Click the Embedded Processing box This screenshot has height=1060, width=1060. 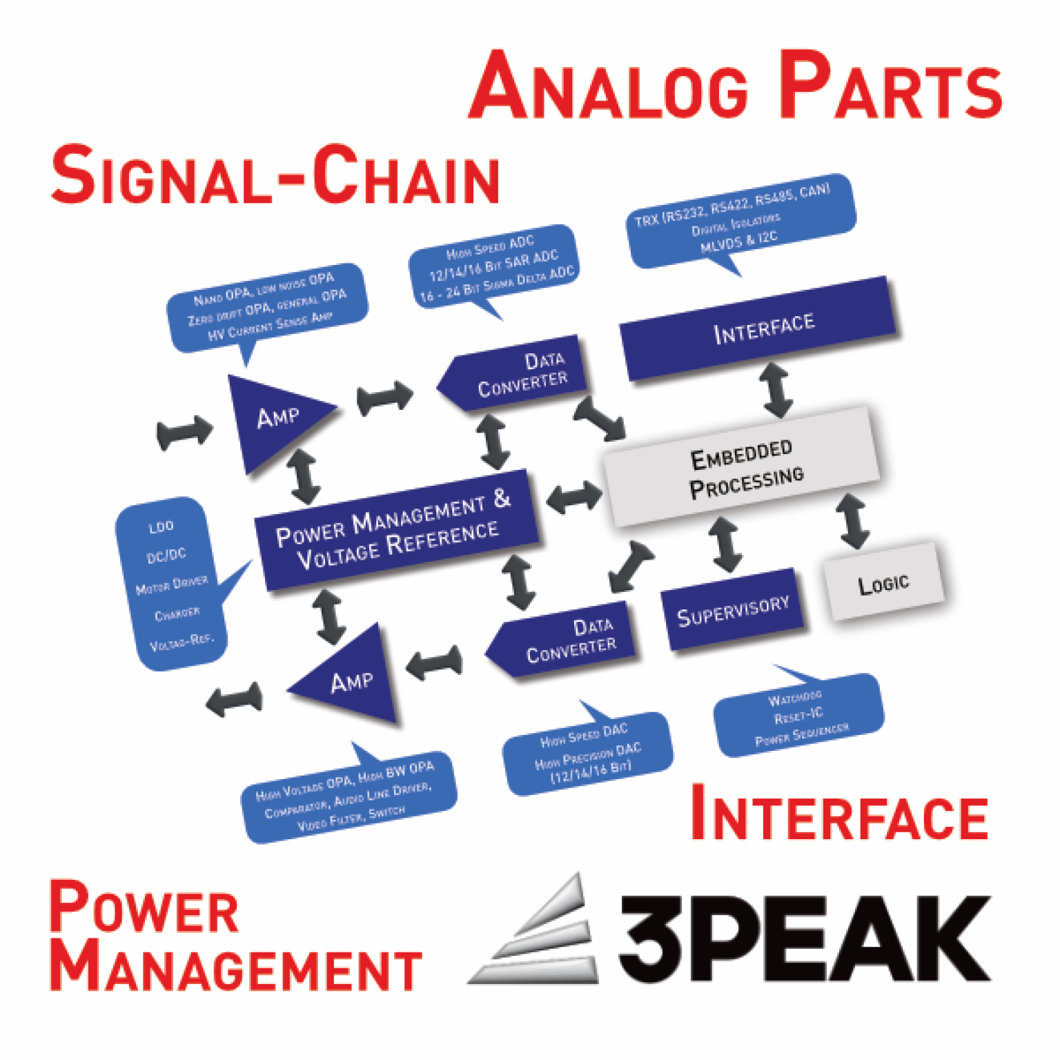coord(742,467)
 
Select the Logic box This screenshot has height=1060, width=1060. coord(883,582)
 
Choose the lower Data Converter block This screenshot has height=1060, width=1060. coord(566,640)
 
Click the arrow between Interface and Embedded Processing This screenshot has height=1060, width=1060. coord(776,390)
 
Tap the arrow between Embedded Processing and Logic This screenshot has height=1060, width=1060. coord(853,521)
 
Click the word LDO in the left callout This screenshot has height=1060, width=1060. coord(161,527)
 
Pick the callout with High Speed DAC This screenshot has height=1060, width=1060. coord(587,753)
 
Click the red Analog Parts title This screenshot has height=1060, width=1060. coord(735,87)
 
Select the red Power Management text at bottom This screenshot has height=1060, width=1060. coord(235,939)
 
